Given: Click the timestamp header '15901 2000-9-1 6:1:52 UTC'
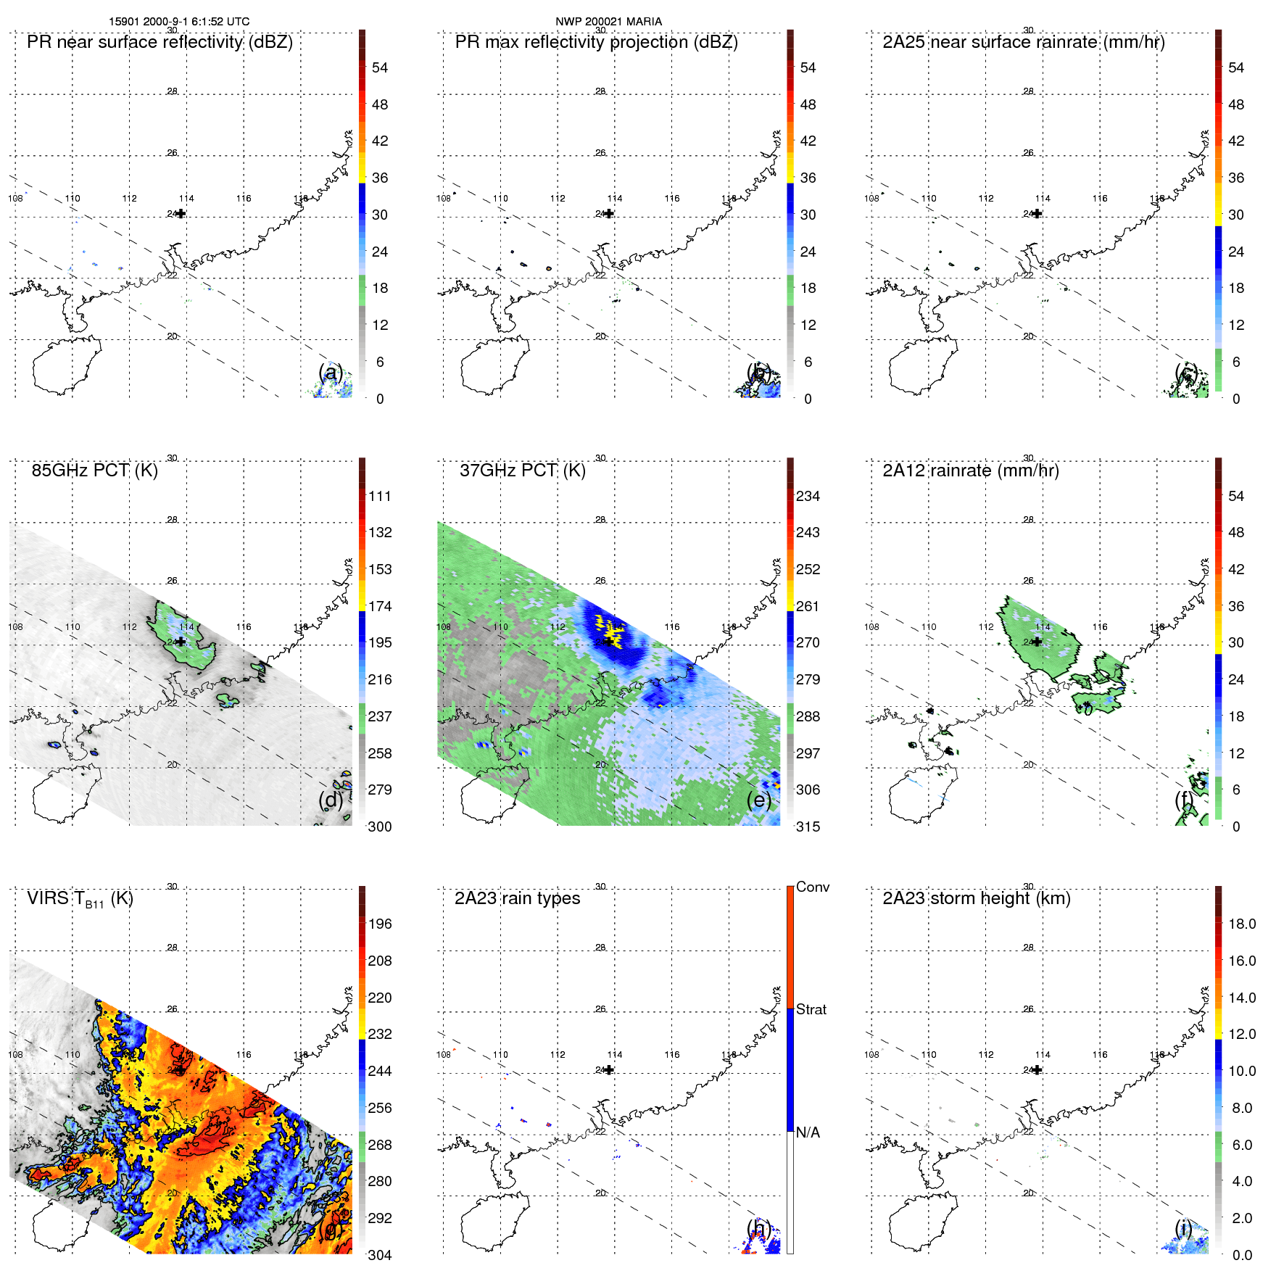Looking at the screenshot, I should click(x=179, y=22).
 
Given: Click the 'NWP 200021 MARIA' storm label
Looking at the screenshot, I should click(x=608, y=22).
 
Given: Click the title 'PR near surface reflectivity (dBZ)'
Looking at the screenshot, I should click(x=160, y=42).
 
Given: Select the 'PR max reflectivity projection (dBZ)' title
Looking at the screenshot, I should click(x=596, y=42).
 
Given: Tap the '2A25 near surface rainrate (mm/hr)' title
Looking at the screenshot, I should click(x=1023, y=42).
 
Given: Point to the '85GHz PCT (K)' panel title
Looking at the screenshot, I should click(x=94, y=471).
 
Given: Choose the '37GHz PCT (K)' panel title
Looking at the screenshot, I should click(x=522, y=471).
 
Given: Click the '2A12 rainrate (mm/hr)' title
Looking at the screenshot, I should click(x=970, y=471).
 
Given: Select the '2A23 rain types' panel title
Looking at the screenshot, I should click(x=517, y=898).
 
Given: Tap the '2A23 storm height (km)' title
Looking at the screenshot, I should click(x=976, y=898).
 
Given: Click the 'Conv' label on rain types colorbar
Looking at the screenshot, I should click(x=812, y=887).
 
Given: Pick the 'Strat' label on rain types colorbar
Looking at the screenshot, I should click(x=811, y=1009).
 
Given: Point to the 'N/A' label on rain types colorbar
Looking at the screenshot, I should click(x=808, y=1132).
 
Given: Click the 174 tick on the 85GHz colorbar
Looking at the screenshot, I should click(x=380, y=606).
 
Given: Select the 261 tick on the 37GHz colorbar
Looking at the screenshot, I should click(x=808, y=606).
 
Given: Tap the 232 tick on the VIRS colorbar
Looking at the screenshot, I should click(x=380, y=1034).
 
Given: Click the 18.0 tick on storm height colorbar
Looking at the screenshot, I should click(x=1241, y=924).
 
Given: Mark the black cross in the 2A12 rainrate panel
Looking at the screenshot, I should click(x=1037, y=642).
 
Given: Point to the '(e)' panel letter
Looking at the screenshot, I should click(x=758, y=800).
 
